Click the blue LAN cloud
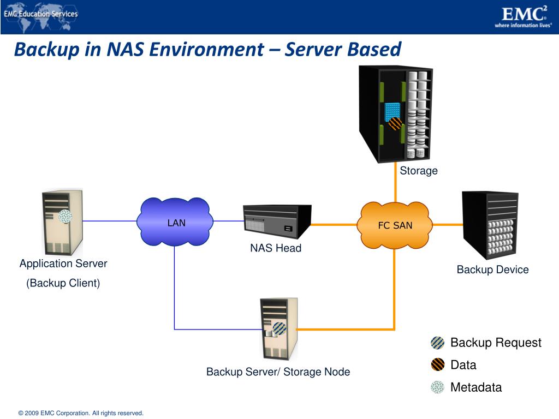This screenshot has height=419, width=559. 175,222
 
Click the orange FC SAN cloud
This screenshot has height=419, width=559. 395,225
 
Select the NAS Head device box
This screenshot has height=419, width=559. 277,222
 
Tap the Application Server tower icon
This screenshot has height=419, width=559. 63,222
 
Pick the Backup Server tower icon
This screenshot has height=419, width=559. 279,329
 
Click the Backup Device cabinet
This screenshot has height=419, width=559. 490,225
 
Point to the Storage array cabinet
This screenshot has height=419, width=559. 395,114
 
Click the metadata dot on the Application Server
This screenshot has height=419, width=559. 65,216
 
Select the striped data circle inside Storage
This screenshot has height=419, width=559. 395,124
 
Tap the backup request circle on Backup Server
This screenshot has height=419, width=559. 279,328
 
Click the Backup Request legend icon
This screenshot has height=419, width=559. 437,343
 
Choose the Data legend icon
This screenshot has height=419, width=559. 437,365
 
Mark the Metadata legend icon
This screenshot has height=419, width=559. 437,387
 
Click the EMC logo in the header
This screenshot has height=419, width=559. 524,17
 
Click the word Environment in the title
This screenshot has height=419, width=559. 206,49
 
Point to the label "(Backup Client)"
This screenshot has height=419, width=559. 63,283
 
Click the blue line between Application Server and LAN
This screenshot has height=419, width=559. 110,221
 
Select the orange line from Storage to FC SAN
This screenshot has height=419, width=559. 395,182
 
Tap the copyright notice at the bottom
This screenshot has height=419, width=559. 81,414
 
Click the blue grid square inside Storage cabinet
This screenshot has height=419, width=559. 393,111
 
